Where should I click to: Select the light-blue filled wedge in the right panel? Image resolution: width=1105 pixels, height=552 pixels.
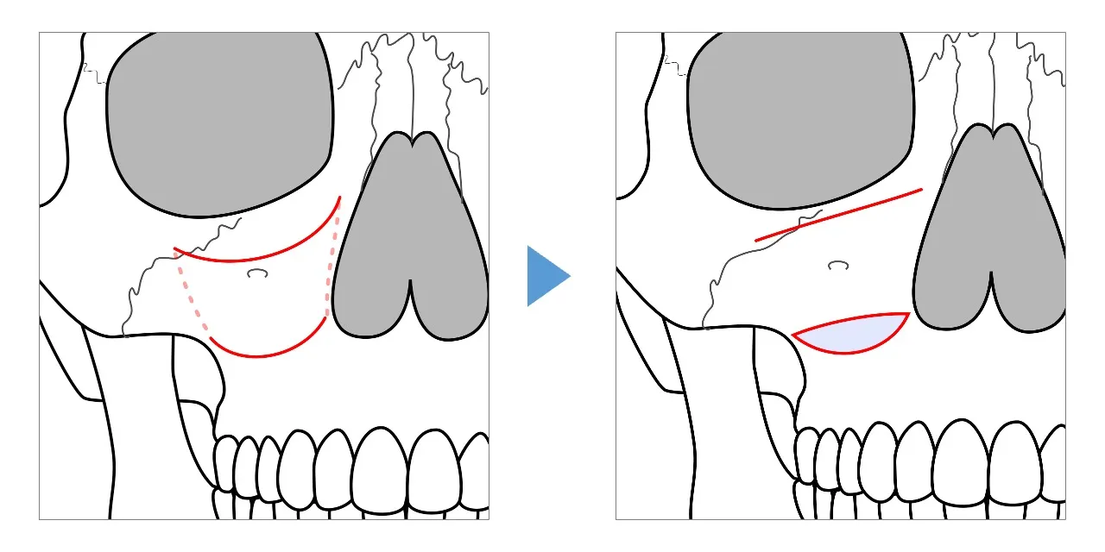coord(850,335)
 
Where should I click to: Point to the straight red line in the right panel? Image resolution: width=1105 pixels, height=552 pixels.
coord(837,215)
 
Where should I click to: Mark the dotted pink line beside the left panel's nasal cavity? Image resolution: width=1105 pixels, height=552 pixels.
coord(330,267)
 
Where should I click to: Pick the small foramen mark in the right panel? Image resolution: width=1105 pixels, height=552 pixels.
coord(837,265)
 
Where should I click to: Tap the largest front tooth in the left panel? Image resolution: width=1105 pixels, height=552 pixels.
coord(378,470)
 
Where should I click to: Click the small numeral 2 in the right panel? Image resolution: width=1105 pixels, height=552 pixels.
coord(666,60)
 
